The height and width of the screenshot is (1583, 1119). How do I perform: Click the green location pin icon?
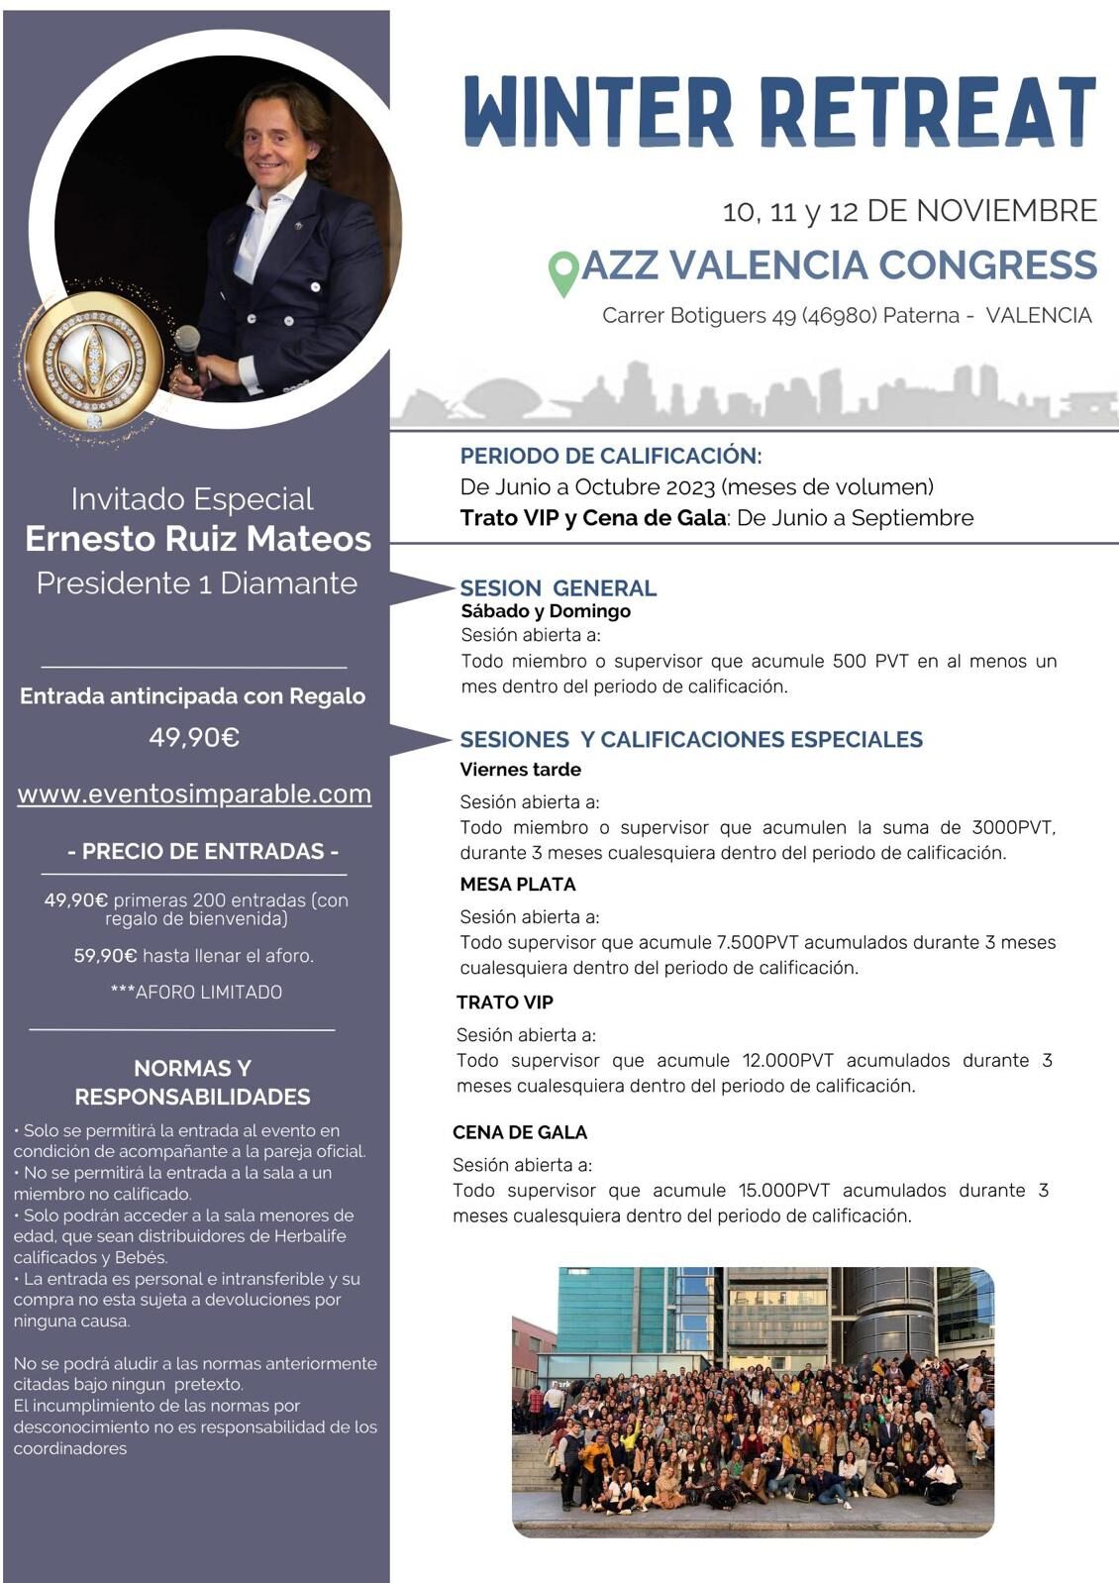coord(563,272)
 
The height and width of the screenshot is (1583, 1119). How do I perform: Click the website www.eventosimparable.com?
coord(194,794)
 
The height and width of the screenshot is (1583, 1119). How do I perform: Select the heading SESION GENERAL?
coord(558,587)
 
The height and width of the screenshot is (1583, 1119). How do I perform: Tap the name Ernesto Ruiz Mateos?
coord(198,539)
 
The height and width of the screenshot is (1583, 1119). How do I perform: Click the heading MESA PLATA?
coord(517,884)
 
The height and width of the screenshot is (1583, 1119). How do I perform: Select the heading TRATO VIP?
coord(504,1002)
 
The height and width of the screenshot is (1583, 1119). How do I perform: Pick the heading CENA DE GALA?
coord(519,1131)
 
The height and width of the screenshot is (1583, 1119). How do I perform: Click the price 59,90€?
coord(105,956)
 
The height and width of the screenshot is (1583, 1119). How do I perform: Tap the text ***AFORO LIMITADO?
coord(196,992)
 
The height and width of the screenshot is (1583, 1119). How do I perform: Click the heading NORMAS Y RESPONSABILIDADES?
coord(192,1082)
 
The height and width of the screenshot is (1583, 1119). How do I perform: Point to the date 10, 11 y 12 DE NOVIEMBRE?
coord(909,211)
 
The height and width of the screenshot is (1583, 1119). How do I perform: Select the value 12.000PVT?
coord(787,1060)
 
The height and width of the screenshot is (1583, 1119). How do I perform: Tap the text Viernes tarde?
coord(520,769)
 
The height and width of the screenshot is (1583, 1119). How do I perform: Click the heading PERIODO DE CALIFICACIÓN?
coord(609,456)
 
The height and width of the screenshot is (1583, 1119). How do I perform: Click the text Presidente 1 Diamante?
coord(196,582)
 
